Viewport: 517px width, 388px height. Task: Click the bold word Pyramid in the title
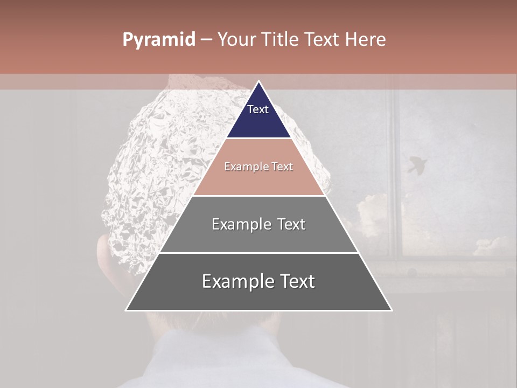tap(158, 40)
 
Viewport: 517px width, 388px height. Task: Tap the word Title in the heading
tap(281, 39)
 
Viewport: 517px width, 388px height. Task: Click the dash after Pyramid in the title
tap(206, 40)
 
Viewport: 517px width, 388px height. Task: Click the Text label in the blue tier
tap(258, 109)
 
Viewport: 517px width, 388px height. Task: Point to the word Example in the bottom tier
tap(234, 281)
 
